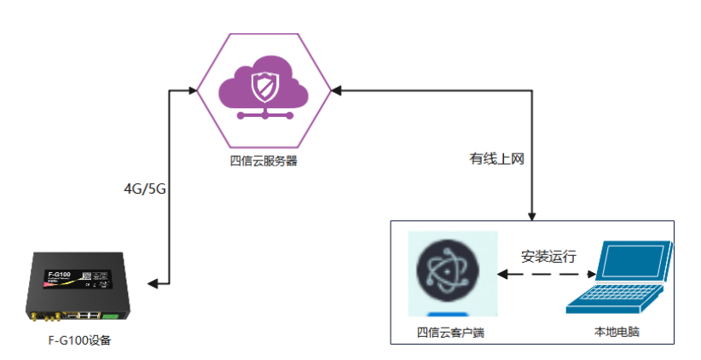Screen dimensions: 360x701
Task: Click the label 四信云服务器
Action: (264, 161)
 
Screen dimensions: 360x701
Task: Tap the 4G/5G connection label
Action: (144, 189)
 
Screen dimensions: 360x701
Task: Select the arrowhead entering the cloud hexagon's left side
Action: (194, 89)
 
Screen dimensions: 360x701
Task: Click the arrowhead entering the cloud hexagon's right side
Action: (337, 89)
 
